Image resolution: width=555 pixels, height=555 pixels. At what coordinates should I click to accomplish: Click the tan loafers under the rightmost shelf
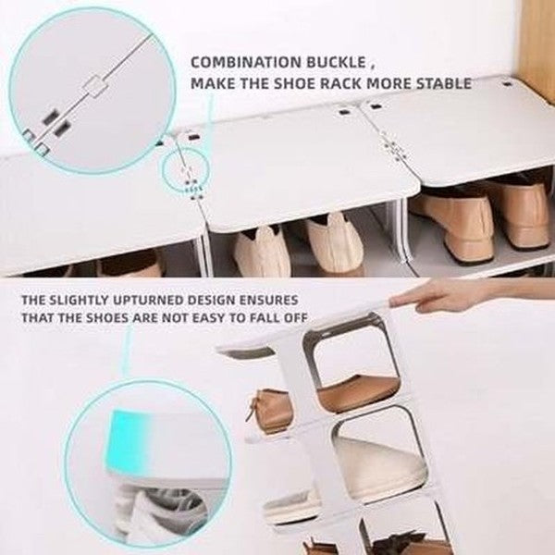coord(481,217)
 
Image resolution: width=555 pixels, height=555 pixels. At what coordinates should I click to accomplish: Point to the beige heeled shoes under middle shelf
coord(296,245)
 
